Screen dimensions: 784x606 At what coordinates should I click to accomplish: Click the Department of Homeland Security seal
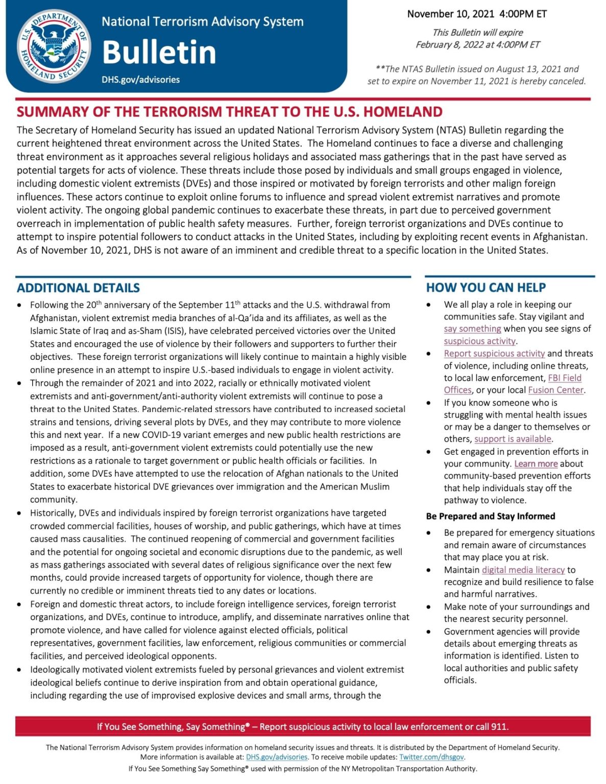pyautogui.click(x=54, y=46)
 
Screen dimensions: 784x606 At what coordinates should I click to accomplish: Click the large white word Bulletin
pyautogui.click(x=159, y=52)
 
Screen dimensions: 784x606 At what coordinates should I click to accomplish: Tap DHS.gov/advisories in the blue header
pyautogui.click(x=140, y=80)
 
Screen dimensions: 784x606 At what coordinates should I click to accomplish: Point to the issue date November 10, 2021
pyautogui.click(x=451, y=14)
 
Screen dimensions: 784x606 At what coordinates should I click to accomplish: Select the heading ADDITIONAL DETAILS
pyautogui.click(x=78, y=288)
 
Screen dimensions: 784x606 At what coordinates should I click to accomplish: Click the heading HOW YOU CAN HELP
pyautogui.click(x=486, y=288)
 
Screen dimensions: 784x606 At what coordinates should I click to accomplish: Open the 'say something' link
pyautogui.click(x=472, y=329)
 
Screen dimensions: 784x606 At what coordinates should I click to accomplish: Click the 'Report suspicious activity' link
pyautogui.click(x=494, y=353)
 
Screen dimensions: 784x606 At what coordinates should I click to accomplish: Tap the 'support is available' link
pyautogui.click(x=513, y=439)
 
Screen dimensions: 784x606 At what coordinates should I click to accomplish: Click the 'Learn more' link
pyautogui.click(x=536, y=463)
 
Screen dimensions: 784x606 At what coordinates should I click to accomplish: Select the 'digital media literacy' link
pyautogui.click(x=523, y=570)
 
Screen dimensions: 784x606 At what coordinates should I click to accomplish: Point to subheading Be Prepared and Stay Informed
pyautogui.click(x=490, y=516)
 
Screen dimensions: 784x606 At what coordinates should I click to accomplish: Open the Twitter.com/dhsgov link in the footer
pyautogui.click(x=431, y=757)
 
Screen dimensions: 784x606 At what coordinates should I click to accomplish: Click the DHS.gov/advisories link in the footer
pyautogui.click(x=277, y=757)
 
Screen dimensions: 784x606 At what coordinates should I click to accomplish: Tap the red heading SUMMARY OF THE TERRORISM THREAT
pyautogui.click(x=229, y=112)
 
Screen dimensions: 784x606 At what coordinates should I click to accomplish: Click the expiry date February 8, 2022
pyautogui.click(x=450, y=44)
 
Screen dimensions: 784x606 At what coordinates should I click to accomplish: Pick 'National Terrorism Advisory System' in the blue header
pyautogui.click(x=202, y=22)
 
